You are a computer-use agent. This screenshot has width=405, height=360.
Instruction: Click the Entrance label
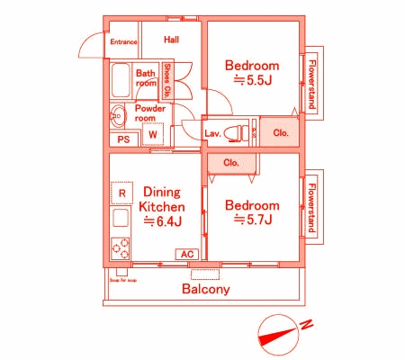click(x=123, y=42)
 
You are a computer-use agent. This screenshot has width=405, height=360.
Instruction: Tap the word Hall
click(x=171, y=40)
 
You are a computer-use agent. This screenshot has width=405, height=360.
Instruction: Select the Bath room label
click(x=146, y=78)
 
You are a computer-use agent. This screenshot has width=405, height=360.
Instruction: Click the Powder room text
click(x=150, y=112)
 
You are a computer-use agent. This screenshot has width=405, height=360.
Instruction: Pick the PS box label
click(x=123, y=139)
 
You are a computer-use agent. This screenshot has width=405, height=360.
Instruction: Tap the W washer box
click(x=153, y=135)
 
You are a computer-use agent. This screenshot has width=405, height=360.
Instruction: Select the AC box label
click(x=187, y=255)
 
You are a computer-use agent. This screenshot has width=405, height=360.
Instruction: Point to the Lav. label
click(x=213, y=134)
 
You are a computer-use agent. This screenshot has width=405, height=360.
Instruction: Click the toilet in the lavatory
click(x=237, y=132)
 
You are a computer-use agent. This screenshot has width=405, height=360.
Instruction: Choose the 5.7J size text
click(x=253, y=219)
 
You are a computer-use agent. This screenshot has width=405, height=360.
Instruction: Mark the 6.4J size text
click(x=163, y=221)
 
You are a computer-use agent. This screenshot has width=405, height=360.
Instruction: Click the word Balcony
click(x=206, y=290)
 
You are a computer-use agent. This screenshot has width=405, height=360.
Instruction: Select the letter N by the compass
click(x=306, y=324)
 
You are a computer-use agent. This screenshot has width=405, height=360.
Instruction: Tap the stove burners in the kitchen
click(x=121, y=246)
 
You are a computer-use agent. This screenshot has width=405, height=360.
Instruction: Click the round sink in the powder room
click(x=117, y=115)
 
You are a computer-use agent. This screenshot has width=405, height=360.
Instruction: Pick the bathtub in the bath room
click(x=120, y=83)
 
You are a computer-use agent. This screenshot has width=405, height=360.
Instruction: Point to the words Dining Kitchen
click(x=163, y=199)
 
